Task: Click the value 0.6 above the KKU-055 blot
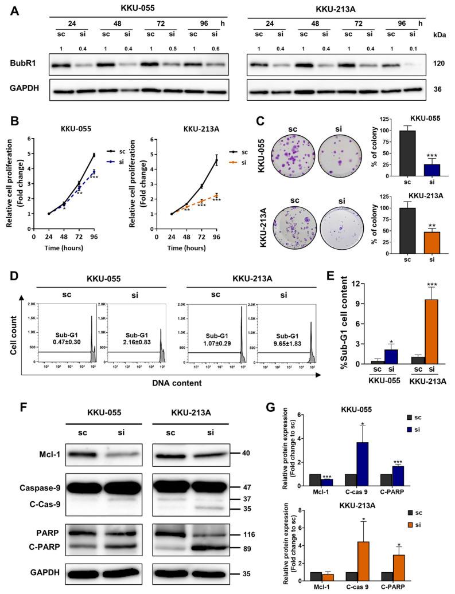217,48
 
